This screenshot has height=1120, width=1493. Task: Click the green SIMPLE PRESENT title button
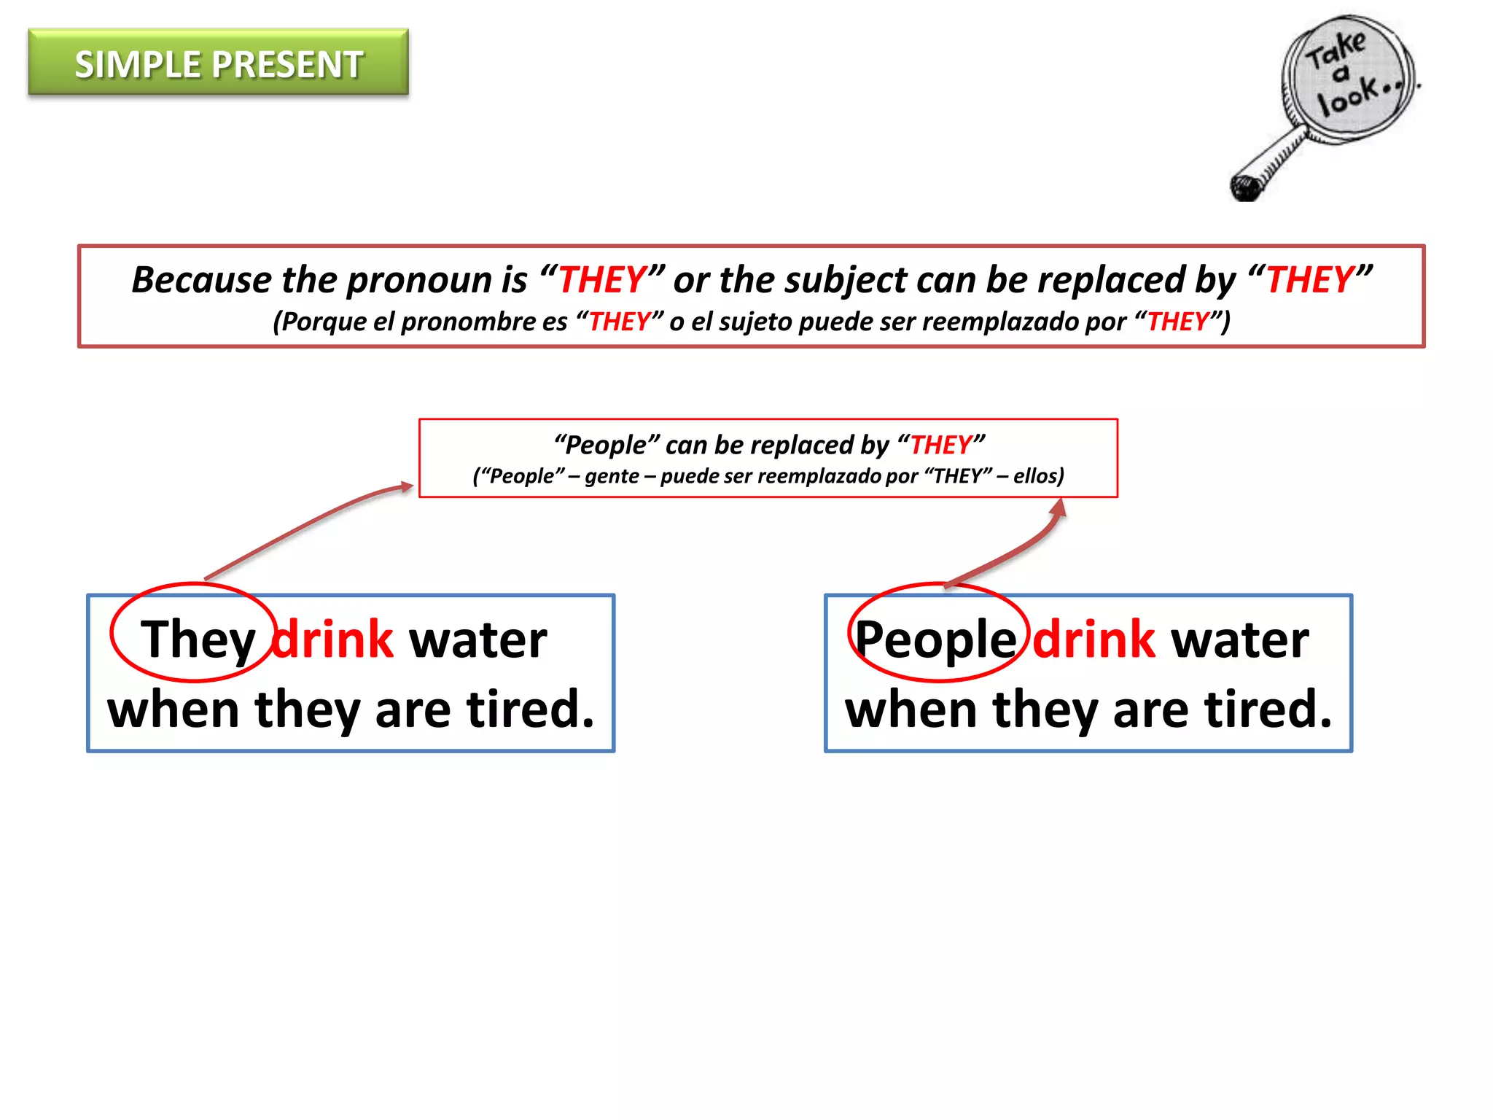[218, 63]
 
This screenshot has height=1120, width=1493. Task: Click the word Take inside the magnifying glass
[1336, 50]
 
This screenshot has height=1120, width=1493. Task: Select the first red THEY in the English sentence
[602, 280]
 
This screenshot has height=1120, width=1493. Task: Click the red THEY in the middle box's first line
[940, 445]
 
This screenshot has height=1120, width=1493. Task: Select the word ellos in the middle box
[1035, 476]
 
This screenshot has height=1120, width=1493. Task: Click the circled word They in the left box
[198, 639]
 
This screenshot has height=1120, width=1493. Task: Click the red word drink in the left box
[333, 639]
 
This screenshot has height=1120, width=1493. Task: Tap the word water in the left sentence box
[477, 639]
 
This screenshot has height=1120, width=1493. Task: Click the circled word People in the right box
[935, 639]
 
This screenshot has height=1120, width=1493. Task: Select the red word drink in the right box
[1094, 639]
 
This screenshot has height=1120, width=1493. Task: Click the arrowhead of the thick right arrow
[1059, 507]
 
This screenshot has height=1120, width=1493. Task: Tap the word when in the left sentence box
[174, 709]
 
